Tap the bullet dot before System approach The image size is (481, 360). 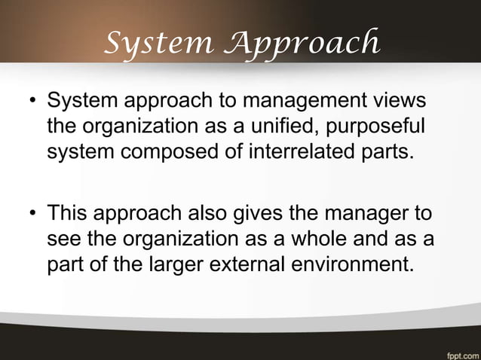click(x=33, y=102)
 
